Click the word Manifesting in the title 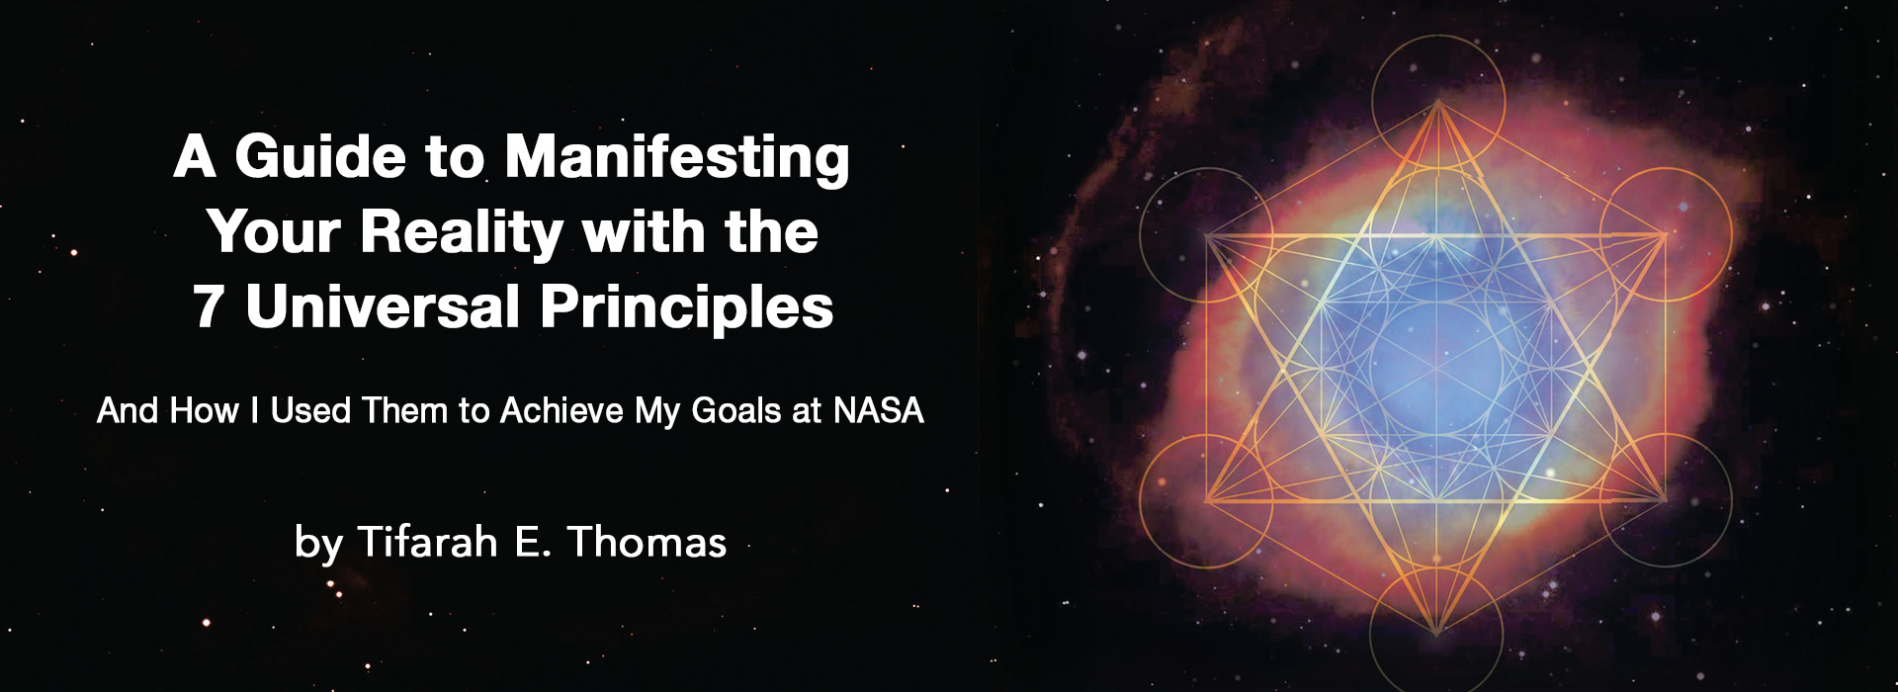tap(677, 158)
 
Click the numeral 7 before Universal tap(208, 307)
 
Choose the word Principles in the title tap(687, 308)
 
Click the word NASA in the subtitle tap(879, 410)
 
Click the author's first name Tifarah tap(426, 542)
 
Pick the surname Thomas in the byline tap(647, 542)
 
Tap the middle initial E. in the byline tap(531, 543)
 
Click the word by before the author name tap(318, 545)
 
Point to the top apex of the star tap(1436, 102)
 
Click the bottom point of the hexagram tap(1436, 634)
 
